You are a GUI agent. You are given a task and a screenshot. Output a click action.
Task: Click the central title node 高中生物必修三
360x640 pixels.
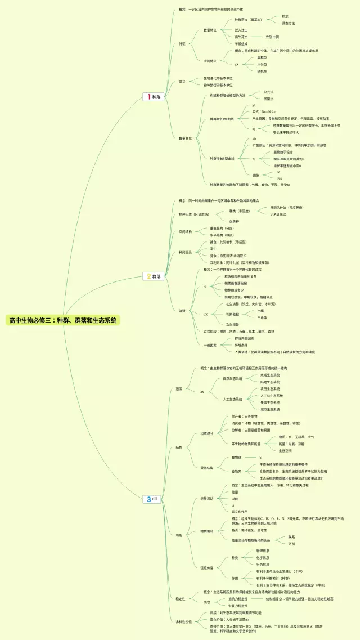coord(63,320)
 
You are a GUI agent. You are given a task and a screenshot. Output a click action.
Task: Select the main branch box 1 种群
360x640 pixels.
coord(154,97)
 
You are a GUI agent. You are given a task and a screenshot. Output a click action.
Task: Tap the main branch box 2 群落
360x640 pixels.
coord(154,276)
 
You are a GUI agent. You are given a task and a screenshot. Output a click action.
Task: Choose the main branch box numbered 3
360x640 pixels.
coord(152,499)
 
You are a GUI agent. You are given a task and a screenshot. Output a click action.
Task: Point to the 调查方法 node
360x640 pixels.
coord(288,23)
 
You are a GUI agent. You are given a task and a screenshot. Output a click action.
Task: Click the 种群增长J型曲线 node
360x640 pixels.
coord(222,119)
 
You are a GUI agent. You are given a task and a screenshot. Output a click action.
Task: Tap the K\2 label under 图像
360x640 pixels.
coord(280,178)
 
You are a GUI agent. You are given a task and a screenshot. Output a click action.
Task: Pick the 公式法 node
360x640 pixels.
coord(268,92)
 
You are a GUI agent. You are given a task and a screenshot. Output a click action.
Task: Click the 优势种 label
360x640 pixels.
coord(235,221)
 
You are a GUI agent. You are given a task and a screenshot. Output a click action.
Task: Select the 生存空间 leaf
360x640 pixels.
coord(285,450)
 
